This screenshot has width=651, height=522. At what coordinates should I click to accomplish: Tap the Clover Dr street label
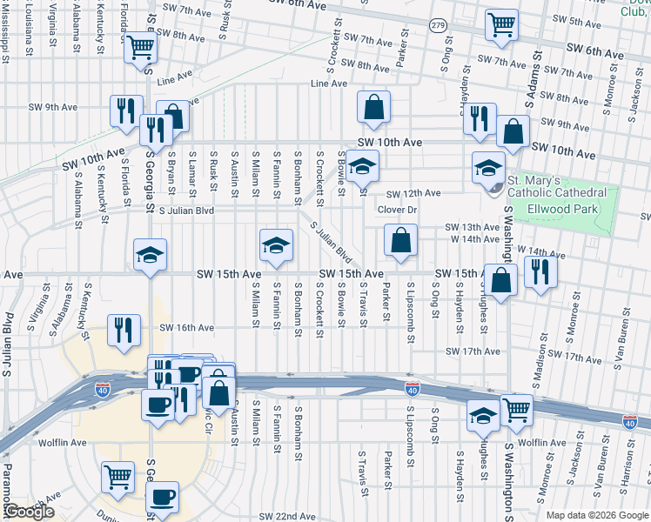click(399, 210)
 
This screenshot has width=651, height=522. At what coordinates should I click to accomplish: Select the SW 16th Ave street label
click(186, 327)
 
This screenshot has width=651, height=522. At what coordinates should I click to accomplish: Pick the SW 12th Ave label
click(413, 193)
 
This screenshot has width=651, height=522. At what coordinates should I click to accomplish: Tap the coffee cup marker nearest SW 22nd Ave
click(163, 497)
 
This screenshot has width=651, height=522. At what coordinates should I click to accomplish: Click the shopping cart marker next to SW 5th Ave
click(501, 26)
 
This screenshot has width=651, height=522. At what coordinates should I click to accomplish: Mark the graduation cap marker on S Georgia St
click(150, 256)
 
